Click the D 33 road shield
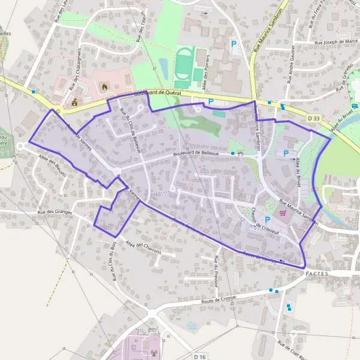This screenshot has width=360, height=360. (x=314, y=119)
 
